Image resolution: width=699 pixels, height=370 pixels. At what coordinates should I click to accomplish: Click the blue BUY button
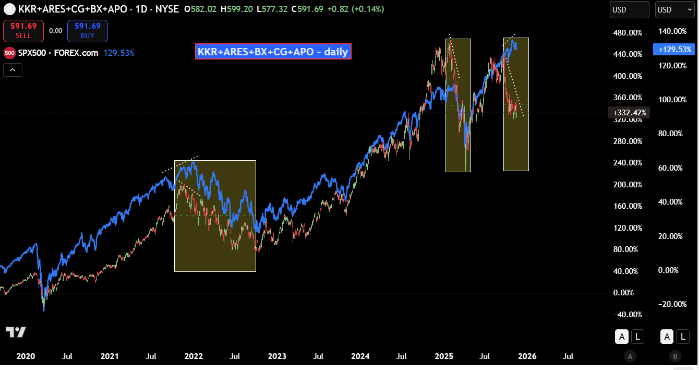(x=87, y=31)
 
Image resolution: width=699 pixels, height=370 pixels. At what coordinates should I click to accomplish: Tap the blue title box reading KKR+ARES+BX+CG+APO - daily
(x=273, y=52)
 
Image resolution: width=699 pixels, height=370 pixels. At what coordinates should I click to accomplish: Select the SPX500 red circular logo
(x=9, y=53)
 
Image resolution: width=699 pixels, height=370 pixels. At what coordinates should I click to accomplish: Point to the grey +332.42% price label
(x=629, y=112)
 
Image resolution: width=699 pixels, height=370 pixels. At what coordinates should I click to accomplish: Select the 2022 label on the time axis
(x=194, y=356)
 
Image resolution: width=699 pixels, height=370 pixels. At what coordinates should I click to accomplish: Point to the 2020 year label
(x=26, y=356)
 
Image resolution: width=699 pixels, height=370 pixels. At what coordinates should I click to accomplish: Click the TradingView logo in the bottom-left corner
(x=16, y=332)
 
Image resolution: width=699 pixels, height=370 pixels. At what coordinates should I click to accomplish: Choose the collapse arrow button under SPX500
(x=13, y=69)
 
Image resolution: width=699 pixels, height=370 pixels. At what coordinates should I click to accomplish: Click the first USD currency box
(x=629, y=9)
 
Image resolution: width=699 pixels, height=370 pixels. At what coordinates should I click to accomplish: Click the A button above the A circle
(x=621, y=337)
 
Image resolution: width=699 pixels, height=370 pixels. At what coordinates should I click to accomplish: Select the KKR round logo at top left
(x=9, y=9)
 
